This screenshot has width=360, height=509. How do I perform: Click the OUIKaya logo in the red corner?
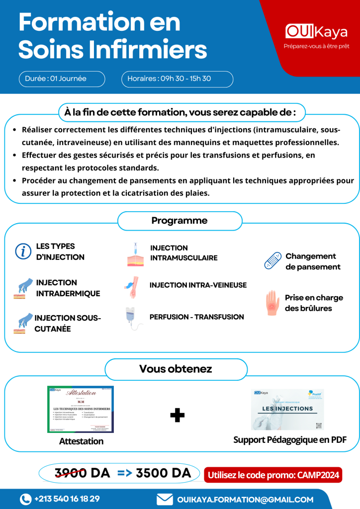[317, 32]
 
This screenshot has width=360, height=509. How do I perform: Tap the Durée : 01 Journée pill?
[62, 79]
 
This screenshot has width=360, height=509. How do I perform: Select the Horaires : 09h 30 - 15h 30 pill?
[177, 79]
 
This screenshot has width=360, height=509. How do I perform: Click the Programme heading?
[180, 221]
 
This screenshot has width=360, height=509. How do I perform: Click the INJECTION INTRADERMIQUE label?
[68, 288]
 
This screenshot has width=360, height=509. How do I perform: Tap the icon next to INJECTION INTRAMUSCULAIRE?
[135, 254]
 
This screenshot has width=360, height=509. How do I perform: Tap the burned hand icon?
[272, 303]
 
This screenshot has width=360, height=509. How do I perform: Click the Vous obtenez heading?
[176, 369]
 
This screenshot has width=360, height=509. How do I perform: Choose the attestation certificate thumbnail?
[81, 409]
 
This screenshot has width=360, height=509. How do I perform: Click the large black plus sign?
[177, 416]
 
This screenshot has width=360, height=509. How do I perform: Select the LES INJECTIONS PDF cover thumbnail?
[287, 410]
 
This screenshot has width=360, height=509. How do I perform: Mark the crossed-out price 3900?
[71, 474]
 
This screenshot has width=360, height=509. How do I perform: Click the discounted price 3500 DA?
[164, 474]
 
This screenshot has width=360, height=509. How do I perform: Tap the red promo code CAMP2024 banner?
[273, 475]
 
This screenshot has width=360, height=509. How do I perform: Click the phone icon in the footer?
[25, 499]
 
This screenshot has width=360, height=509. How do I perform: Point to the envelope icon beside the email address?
[165, 499]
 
